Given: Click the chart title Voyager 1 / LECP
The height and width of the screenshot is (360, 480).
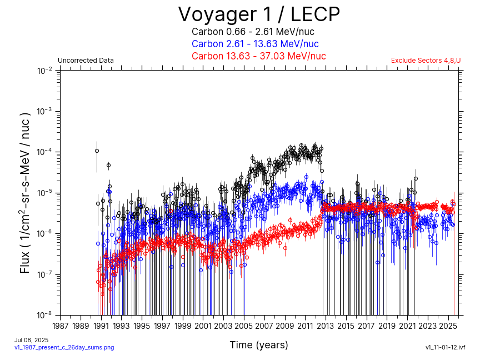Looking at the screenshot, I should [x=258, y=14].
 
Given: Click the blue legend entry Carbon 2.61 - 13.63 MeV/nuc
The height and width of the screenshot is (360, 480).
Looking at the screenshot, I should [x=255, y=44].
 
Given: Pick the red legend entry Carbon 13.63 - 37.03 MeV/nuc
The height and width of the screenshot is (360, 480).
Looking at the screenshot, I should [x=258, y=56].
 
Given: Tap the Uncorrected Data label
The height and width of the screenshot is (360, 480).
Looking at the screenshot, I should [x=86, y=61].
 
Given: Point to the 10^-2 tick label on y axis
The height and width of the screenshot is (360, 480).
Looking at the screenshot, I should [x=45, y=71].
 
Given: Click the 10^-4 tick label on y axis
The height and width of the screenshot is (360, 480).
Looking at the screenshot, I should [x=45, y=152].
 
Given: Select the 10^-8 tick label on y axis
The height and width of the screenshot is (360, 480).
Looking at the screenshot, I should [x=45, y=315].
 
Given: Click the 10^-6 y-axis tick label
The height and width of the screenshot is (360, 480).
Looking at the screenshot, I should [x=45, y=234].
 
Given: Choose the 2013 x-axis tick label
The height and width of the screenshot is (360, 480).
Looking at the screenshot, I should [x=326, y=326].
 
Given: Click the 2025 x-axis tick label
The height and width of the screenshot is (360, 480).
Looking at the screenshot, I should [x=448, y=326].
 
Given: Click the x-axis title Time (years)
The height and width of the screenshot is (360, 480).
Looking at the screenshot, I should [x=259, y=345].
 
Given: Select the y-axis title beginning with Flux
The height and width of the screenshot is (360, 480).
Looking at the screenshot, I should [x=25, y=193].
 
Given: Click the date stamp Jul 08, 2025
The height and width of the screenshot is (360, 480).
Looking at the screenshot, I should [x=31, y=340].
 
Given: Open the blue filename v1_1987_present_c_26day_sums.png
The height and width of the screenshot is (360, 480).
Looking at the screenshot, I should [x=64, y=347].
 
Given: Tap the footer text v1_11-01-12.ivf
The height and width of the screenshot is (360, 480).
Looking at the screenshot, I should [x=445, y=347].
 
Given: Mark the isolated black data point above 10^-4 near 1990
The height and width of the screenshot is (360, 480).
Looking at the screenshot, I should [x=97, y=151].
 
